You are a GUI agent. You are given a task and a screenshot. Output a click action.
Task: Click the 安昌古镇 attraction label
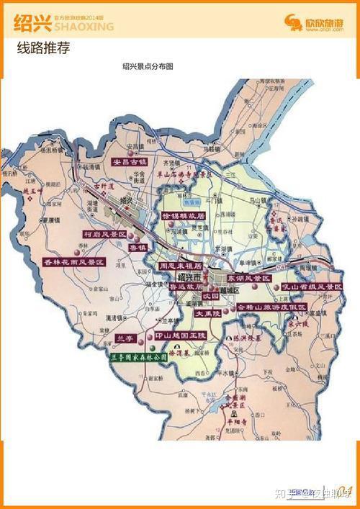pos(133,162)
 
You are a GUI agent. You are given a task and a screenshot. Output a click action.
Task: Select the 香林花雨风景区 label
pos(74,262)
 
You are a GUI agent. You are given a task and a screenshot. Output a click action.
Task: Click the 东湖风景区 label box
pos(249,277)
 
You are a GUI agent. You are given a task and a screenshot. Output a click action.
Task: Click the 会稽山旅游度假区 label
pos(271,307)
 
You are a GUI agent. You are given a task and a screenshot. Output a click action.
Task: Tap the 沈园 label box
pos(210,296)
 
